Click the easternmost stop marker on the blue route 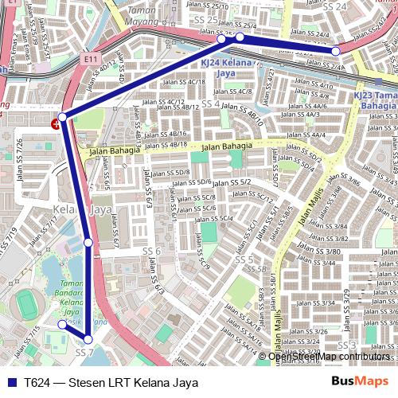pos(335,51)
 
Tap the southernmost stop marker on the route pos(88,340)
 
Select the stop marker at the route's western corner pos(62,117)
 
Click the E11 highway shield pos(89,59)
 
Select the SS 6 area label pos(151,252)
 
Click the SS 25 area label pos(205,19)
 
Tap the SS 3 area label pos(346,345)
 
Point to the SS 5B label pos(256,270)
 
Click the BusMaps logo pos(360,382)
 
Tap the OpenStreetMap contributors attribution pos(329,356)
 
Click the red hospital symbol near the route pos(55,123)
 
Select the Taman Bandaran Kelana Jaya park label pos(72,298)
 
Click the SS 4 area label pos(210,104)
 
